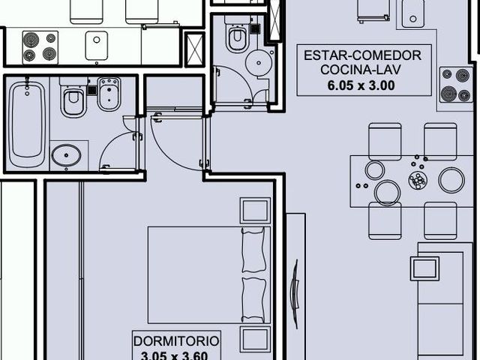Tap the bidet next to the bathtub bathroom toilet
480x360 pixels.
pyautogui.click(x=109, y=94)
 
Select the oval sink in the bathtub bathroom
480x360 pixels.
pyautogui.click(x=66, y=155)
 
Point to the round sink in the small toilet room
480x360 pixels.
pyautogui.click(x=259, y=63)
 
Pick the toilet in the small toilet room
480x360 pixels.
pyautogui.click(x=237, y=34)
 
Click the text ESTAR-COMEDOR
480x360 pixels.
pyautogui.click(x=362, y=55)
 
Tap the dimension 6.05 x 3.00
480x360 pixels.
pyautogui.click(x=361, y=85)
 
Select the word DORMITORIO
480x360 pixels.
pyautogui.click(x=176, y=341)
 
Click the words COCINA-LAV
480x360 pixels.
pyautogui.click(x=360, y=70)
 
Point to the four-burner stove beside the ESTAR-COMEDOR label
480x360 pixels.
pyautogui.click(x=456, y=85)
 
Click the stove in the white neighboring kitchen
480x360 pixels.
pyautogui.click(x=40, y=47)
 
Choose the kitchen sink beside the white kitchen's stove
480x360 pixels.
pyautogui.click(x=97, y=45)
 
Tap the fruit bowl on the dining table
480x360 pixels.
pyautogui.click(x=417, y=181)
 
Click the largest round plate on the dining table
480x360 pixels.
pyautogui.click(x=451, y=180)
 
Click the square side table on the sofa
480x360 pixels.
pyautogui.click(x=424, y=268)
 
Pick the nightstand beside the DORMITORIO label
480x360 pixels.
pyautogui.click(x=255, y=339)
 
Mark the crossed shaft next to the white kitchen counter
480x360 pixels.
pyautogui.click(x=195, y=49)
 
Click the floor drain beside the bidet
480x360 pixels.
pyautogui.click(x=92, y=90)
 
